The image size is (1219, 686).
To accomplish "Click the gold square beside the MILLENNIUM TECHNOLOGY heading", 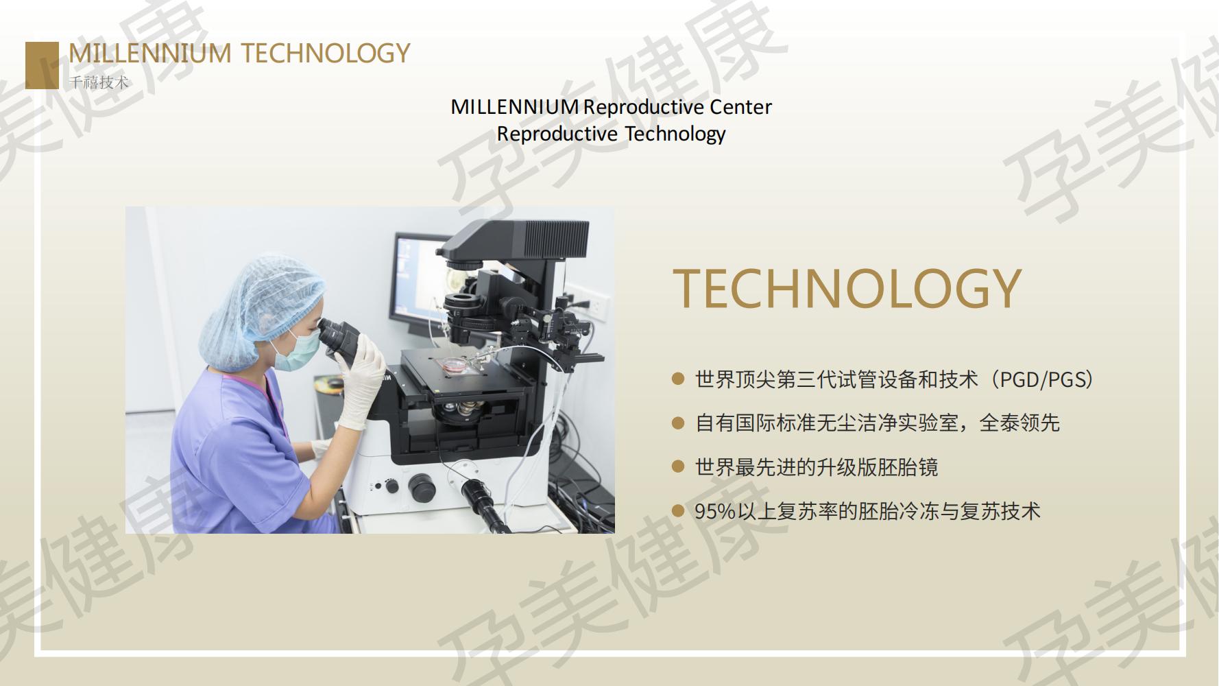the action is [42, 65].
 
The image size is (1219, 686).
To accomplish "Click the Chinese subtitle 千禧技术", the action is [99, 82].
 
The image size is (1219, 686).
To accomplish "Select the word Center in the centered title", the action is [740, 107].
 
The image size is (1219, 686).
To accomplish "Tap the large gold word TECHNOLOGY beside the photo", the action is [847, 288].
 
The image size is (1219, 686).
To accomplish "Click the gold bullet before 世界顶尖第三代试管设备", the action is [678, 379].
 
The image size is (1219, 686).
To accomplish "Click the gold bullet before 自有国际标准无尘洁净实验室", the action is [678, 423].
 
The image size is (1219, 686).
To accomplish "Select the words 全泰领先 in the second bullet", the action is [1019, 423].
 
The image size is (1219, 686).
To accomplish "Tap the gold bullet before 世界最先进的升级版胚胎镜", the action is [678, 466].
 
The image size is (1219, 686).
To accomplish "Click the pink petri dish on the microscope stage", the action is [453, 365].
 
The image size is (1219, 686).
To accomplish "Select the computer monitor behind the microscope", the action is [418, 281].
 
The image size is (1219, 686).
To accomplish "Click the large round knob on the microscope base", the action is [421, 487].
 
